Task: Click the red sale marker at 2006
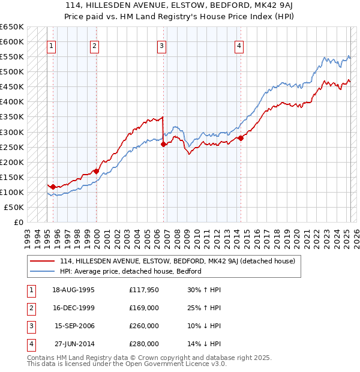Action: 163,144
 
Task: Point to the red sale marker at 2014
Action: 241,138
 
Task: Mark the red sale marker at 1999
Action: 96,171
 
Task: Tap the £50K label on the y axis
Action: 14,207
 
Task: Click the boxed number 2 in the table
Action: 31,308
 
